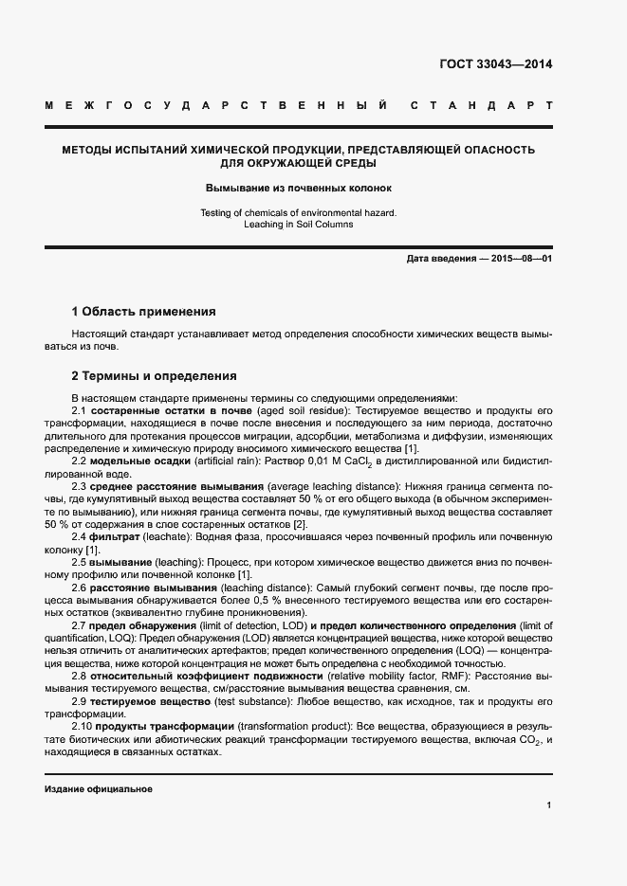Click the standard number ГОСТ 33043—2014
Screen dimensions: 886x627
click(x=495, y=65)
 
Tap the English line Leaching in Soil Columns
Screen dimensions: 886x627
click(x=298, y=224)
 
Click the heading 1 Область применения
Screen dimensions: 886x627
click(x=144, y=311)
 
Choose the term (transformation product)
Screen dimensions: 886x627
click(x=289, y=726)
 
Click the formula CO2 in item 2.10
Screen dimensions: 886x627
click(x=528, y=739)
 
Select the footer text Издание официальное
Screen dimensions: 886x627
click(x=99, y=788)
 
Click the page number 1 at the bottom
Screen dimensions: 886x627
click(x=549, y=805)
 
